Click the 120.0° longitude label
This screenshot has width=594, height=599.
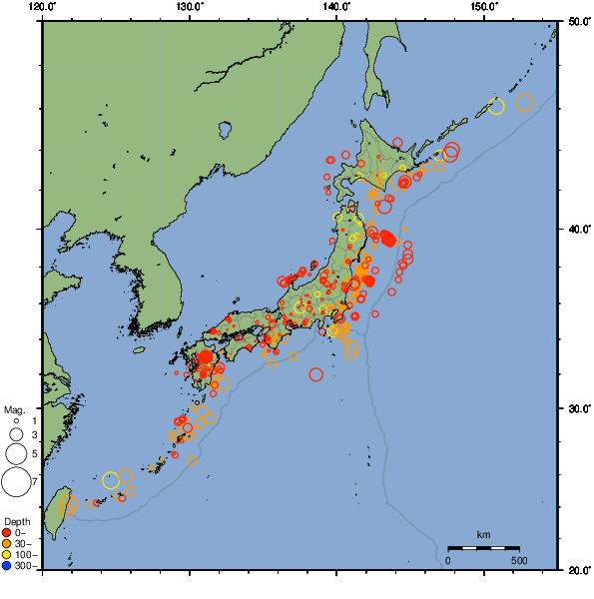(42, 7)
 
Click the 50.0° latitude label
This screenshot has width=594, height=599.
(576, 20)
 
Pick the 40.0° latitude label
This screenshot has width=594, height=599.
(576, 230)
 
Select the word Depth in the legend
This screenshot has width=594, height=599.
(17, 522)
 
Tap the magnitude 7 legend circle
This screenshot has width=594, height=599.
(16, 482)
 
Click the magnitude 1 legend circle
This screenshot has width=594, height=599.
(16, 422)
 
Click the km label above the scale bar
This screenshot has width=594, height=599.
(483, 535)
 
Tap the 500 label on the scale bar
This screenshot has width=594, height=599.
(519, 560)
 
